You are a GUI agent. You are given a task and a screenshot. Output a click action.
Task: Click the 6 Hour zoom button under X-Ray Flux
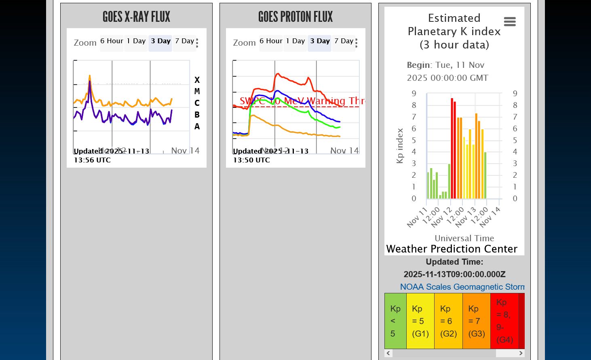point(112,41)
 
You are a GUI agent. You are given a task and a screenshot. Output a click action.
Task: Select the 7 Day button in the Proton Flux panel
point(344,41)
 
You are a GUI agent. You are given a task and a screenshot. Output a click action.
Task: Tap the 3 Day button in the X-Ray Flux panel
point(160,41)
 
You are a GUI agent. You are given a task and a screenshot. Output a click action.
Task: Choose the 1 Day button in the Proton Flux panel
point(295,41)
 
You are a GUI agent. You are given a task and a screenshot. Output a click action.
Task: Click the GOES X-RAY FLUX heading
point(136,17)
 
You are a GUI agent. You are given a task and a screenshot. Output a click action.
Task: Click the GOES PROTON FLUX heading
point(295,17)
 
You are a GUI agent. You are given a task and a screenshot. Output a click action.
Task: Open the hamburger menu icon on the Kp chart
point(510,21)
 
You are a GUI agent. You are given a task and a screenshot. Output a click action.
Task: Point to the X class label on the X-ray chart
point(197,80)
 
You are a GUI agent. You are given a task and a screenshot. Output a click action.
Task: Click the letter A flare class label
point(197,126)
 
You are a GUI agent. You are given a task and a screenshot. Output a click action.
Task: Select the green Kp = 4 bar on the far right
point(485,175)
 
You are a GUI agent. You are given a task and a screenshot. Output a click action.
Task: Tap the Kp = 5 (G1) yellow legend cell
point(420,321)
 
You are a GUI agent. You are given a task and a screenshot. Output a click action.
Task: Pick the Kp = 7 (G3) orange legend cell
point(477,321)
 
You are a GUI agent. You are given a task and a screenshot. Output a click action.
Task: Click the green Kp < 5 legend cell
point(395,321)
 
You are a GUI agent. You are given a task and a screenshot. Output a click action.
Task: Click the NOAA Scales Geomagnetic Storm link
point(462,287)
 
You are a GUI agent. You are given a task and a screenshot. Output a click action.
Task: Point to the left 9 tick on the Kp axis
point(414,93)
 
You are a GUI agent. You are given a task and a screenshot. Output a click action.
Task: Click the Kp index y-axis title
point(400,146)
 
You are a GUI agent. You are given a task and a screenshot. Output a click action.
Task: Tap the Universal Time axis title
point(464,238)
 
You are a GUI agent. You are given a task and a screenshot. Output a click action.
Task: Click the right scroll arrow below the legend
point(521,353)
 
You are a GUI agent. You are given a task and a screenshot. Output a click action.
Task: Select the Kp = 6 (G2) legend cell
point(448,321)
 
